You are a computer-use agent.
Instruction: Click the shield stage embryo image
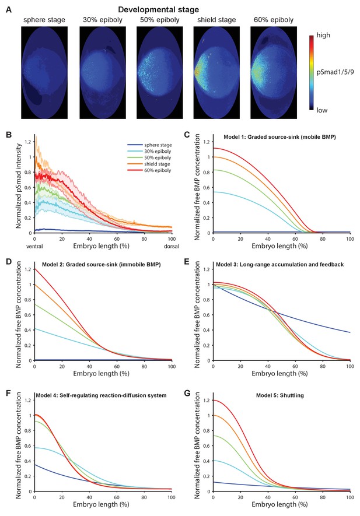216,72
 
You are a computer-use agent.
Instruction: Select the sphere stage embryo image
44,72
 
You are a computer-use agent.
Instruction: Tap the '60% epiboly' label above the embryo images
274,20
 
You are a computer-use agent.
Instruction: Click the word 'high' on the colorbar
323,35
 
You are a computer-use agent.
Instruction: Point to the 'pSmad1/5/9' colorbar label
335,72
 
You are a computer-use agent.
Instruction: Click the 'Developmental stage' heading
159,9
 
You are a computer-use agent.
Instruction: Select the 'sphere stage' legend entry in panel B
149,145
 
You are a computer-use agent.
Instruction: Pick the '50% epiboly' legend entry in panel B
149,157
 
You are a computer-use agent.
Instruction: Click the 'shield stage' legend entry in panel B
149,164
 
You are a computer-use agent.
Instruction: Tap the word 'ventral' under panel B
34,246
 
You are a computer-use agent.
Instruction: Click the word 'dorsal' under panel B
172,246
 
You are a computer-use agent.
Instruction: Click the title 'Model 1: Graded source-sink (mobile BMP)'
279,137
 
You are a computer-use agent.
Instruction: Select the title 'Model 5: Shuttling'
280,395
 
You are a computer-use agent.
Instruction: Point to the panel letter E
187,262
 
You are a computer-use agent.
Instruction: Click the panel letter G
188,393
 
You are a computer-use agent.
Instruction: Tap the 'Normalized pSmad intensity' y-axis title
19,185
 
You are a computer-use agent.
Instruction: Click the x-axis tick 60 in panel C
295,239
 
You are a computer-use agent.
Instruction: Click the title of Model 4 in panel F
101,395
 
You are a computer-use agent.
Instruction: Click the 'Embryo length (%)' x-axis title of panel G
279,504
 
